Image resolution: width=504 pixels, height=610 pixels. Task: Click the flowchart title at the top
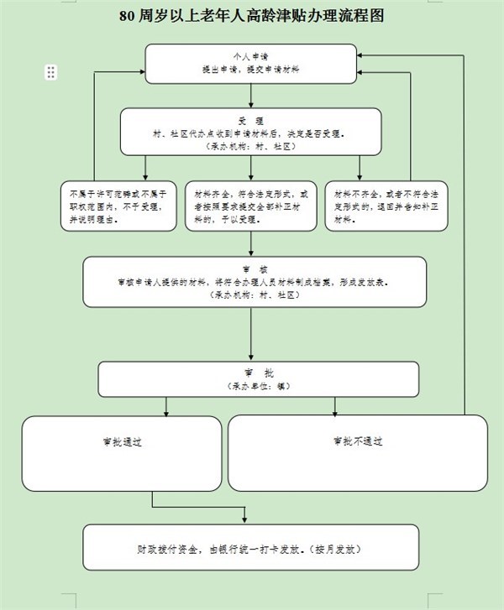[252, 16]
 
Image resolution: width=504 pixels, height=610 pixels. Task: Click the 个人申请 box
[251, 64]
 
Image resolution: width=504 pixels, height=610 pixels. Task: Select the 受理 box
[251, 133]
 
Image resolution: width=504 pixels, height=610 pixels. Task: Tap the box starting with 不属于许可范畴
[118, 206]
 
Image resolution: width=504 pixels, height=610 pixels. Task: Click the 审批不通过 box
[358, 453]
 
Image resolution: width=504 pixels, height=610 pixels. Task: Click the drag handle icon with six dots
[50, 73]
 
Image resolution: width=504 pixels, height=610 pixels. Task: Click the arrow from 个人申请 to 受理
[251, 96]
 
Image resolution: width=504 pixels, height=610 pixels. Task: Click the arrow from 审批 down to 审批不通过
[335, 406]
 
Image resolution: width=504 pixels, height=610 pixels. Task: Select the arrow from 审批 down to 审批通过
[167, 406]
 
